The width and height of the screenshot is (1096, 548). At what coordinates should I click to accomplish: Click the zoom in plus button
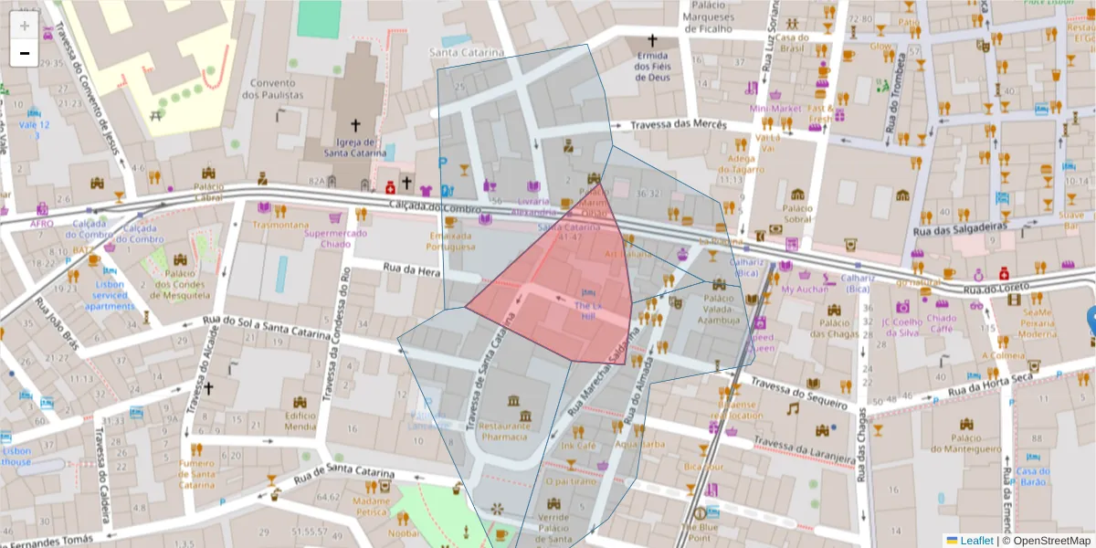pyautogui.click(x=25, y=26)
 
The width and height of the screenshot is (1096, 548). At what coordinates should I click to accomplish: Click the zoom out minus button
pyautogui.click(x=25, y=53)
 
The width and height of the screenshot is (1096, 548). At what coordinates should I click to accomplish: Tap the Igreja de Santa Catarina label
pyautogui.click(x=356, y=148)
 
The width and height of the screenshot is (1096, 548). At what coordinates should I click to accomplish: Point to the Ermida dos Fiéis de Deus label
pyautogui.click(x=652, y=66)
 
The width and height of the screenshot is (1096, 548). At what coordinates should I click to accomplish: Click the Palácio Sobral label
pyautogui.click(x=797, y=213)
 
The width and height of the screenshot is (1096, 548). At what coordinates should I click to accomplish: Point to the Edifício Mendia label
pyautogui.click(x=300, y=420)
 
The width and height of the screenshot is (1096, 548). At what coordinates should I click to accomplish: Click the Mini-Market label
pyautogui.click(x=775, y=109)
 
